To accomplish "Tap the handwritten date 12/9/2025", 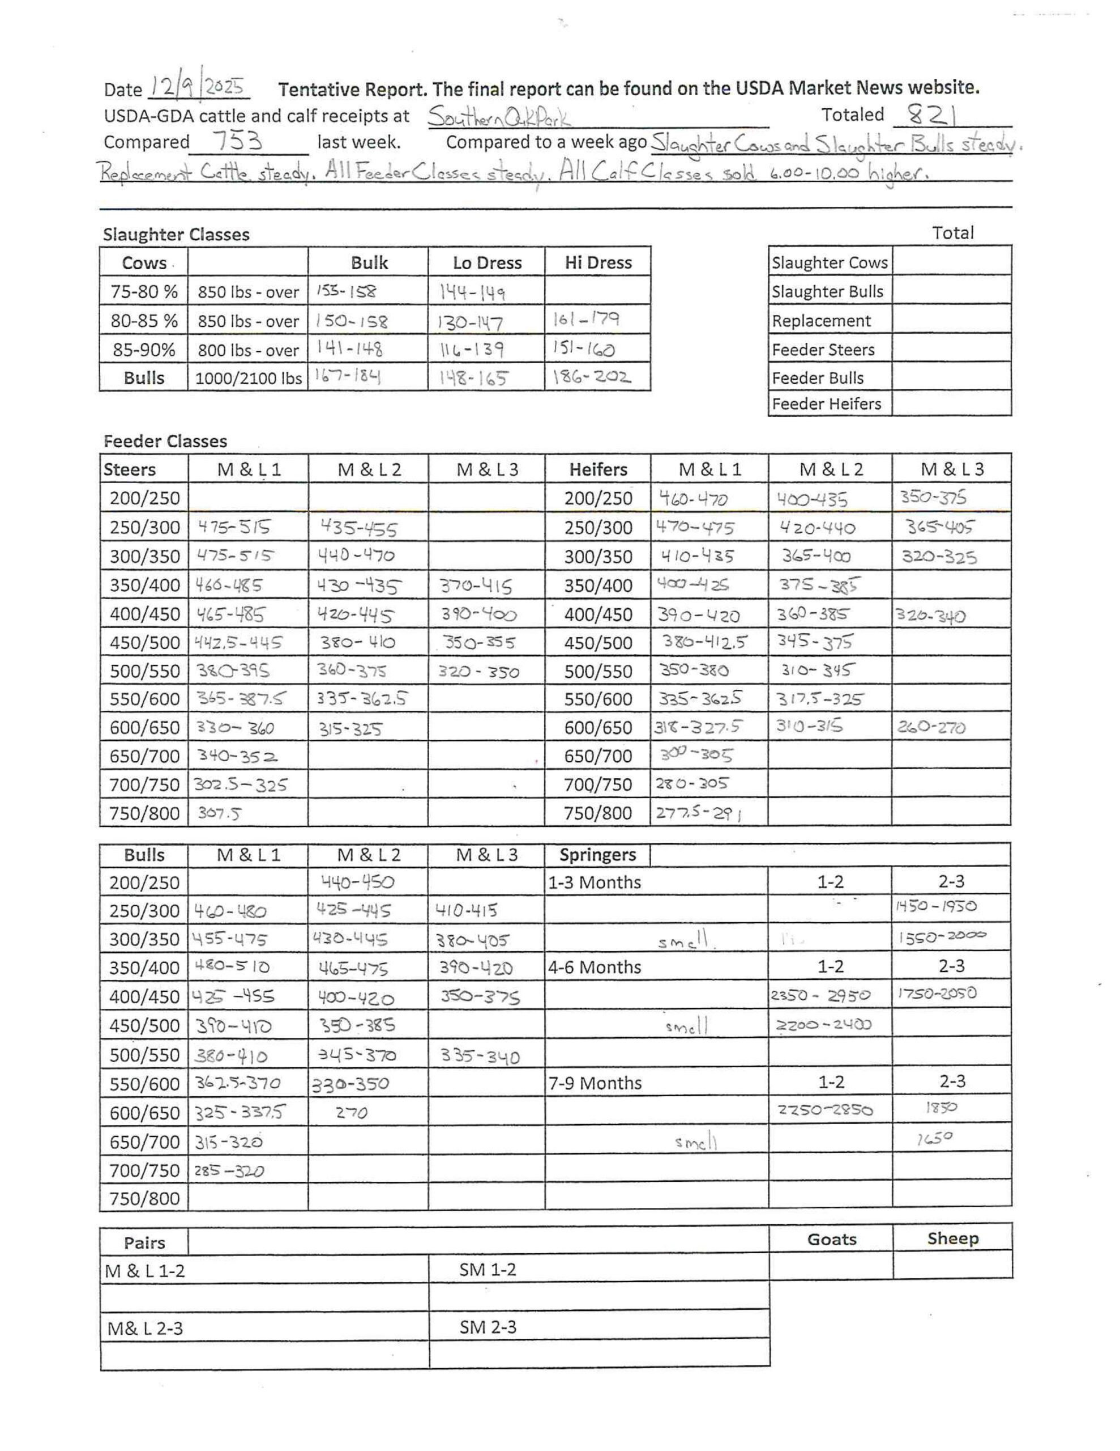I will pyautogui.click(x=197, y=87).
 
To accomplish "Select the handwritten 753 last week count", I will pyautogui.click(x=238, y=142).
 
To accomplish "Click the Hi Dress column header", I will pyautogui.click(x=597, y=262).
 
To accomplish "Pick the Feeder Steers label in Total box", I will pyautogui.click(x=823, y=350).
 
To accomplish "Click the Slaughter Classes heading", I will pyautogui.click(x=176, y=235).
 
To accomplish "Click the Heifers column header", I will pyautogui.click(x=597, y=470).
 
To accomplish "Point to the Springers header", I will pyautogui.click(x=597, y=855).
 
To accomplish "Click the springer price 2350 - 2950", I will pyautogui.click(x=820, y=996).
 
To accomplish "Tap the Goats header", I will pyautogui.click(x=831, y=1240).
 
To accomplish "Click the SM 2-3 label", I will pyautogui.click(x=488, y=1327).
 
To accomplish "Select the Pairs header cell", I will pyautogui.click(x=144, y=1243).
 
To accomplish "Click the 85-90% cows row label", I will pyautogui.click(x=143, y=350).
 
